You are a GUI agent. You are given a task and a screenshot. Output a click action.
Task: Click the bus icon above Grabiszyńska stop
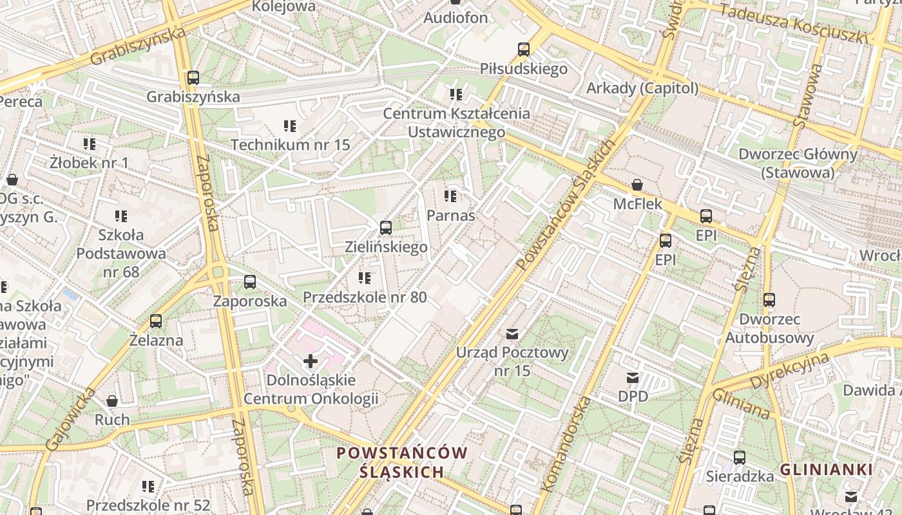tap(193, 79)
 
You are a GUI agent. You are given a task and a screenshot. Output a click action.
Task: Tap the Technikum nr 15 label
tap(290, 144)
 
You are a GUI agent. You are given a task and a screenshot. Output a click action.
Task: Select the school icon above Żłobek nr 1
tap(89, 144)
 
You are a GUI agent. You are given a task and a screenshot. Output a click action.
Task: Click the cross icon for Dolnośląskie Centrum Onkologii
tap(311, 361)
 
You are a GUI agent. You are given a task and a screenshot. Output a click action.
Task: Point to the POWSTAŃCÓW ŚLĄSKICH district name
tap(401, 462)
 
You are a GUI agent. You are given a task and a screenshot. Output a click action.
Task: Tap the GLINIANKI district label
tap(826, 469)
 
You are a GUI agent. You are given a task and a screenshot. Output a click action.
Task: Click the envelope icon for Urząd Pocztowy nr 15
tap(512, 334)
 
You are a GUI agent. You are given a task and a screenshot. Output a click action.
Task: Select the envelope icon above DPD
tap(633, 378)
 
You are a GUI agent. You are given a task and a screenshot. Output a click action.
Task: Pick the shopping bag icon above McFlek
tap(637, 185)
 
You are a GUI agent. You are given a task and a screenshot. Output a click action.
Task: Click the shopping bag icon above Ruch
tap(112, 401)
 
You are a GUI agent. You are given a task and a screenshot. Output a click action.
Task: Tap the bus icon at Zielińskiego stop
tap(386, 228)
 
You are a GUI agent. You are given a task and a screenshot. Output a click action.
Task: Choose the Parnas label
tap(451, 215)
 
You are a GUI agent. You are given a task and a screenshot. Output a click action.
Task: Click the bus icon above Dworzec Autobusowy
tap(769, 300)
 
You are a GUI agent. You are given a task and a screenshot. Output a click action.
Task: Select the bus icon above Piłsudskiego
tap(523, 50)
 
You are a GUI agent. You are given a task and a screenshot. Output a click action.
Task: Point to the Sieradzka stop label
tap(740, 476)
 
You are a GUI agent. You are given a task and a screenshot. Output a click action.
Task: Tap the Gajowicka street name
tap(70, 419)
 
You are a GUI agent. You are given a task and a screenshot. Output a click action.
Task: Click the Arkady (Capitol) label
tap(642, 88)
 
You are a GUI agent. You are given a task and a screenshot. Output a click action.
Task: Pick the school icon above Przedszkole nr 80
tap(365, 278)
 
